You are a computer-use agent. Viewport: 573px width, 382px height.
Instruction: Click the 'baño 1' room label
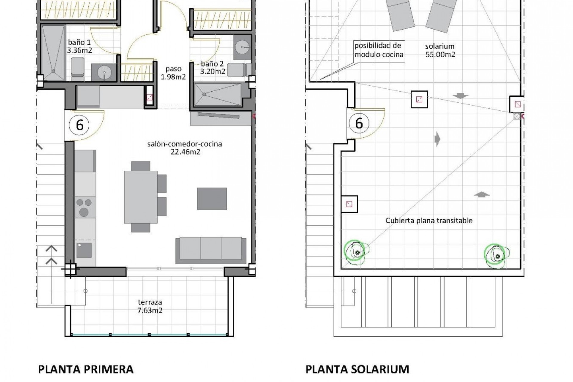[79, 42]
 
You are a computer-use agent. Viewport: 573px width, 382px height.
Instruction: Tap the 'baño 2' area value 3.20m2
[213, 72]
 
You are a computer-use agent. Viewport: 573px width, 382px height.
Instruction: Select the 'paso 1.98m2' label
[173, 73]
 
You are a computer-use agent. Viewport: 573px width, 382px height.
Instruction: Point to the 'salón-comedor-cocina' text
[184, 144]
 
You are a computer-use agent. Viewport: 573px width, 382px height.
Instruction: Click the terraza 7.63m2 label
[150, 306]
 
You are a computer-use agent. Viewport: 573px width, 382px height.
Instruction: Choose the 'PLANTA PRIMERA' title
[86, 369]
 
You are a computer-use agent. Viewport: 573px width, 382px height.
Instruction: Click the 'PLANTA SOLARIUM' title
[357, 369]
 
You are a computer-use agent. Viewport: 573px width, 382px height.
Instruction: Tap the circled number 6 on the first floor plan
[80, 125]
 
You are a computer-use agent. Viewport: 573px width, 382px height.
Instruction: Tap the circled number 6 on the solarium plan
[359, 123]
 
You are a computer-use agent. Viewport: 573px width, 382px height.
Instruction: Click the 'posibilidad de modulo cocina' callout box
[379, 50]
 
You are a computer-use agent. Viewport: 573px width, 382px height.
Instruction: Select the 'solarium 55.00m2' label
[440, 50]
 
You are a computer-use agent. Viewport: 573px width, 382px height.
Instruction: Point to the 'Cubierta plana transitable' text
[429, 221]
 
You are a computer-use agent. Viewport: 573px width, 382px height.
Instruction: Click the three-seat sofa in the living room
[211, 250]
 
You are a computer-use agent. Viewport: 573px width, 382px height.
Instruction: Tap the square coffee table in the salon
[212, 198]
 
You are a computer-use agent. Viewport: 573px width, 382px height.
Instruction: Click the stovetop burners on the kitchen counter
[84, 207]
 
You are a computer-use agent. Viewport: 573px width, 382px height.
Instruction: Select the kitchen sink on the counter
[84, 250]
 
